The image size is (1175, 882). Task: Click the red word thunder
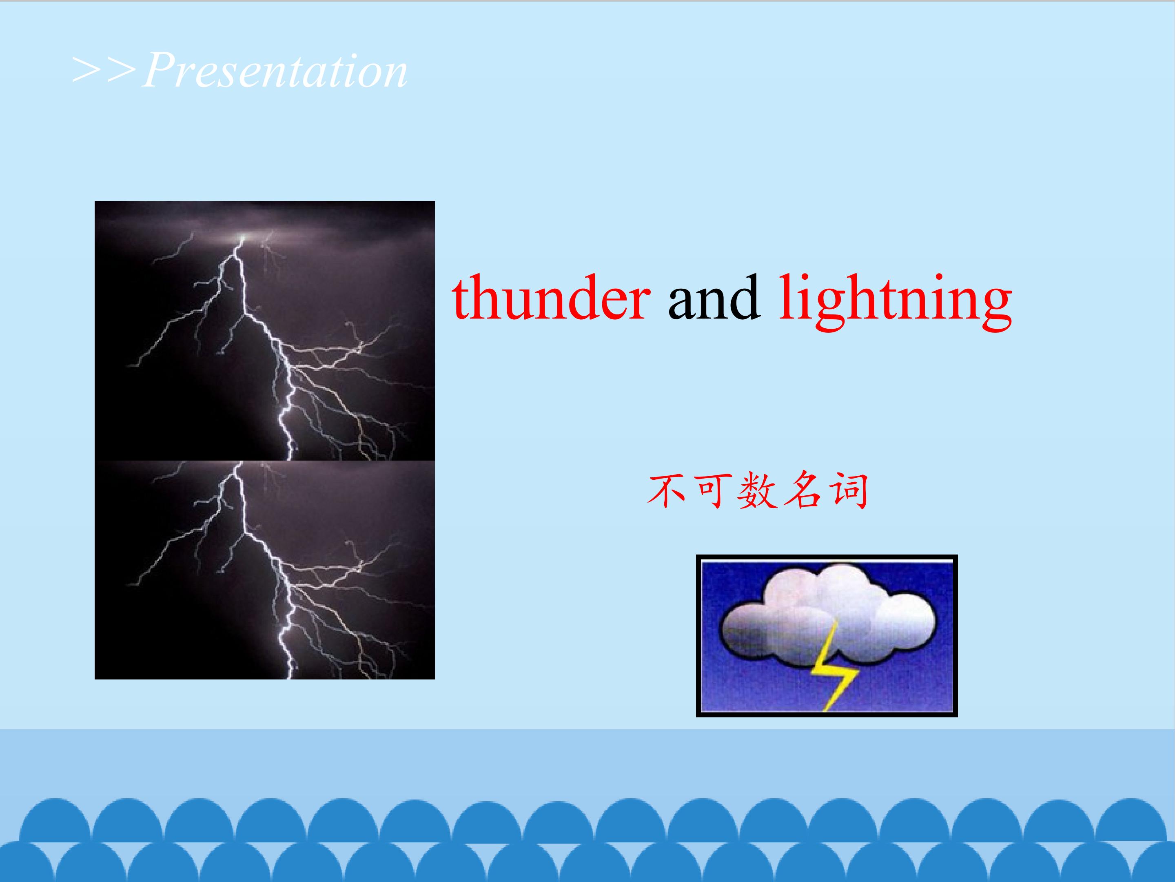(x=551, y=297)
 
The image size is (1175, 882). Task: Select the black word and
(x=714, y=297)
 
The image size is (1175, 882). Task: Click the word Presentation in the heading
(x=275, y=71)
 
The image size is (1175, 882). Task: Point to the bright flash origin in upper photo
(x=243, y=237)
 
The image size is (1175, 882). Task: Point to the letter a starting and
(x=681, y=305)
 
